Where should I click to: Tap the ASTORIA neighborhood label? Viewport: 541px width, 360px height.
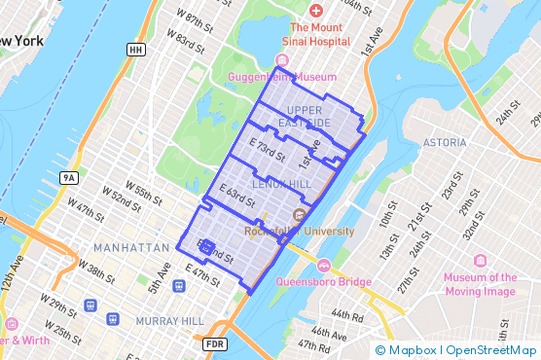(445, 142)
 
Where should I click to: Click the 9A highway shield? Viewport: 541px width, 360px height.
(67, 178)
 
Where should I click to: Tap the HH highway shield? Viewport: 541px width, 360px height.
(136, 49)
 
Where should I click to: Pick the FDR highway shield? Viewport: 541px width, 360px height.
(215, 344)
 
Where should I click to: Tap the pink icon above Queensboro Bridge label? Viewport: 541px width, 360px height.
(324, 266)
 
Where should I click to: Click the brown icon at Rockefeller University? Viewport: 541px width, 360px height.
(300, 214)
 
